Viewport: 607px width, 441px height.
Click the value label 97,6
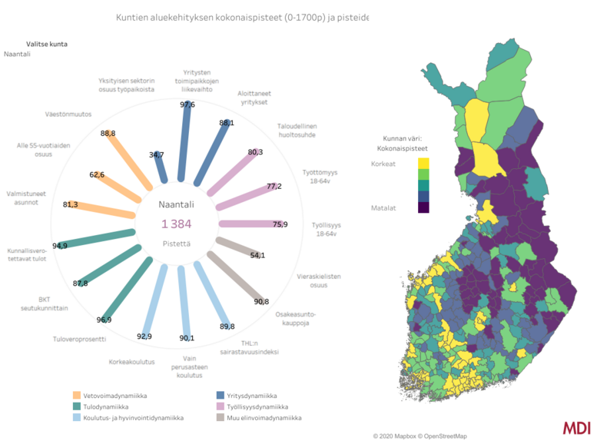(x=187, y=104)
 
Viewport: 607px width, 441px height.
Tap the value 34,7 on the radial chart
(x=157, y=154)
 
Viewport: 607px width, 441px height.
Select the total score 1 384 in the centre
(x=176, y=224)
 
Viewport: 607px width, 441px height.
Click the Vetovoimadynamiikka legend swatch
(x=77, y=396)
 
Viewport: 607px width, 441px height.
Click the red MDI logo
(x=576, y=427)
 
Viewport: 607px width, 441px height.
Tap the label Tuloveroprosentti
(x=79, y=339)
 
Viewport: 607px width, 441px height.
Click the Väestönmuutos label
(x=69, y=114)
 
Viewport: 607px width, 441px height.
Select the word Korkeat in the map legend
(x=383, y=164)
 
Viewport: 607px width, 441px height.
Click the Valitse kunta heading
(x=47, y=44)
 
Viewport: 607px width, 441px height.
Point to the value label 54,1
(x=258, y=255)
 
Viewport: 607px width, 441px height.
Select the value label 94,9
(x=59, y=246)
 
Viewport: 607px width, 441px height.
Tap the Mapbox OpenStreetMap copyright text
(x=420, y=436)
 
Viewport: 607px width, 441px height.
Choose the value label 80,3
(x=255, y=152)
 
